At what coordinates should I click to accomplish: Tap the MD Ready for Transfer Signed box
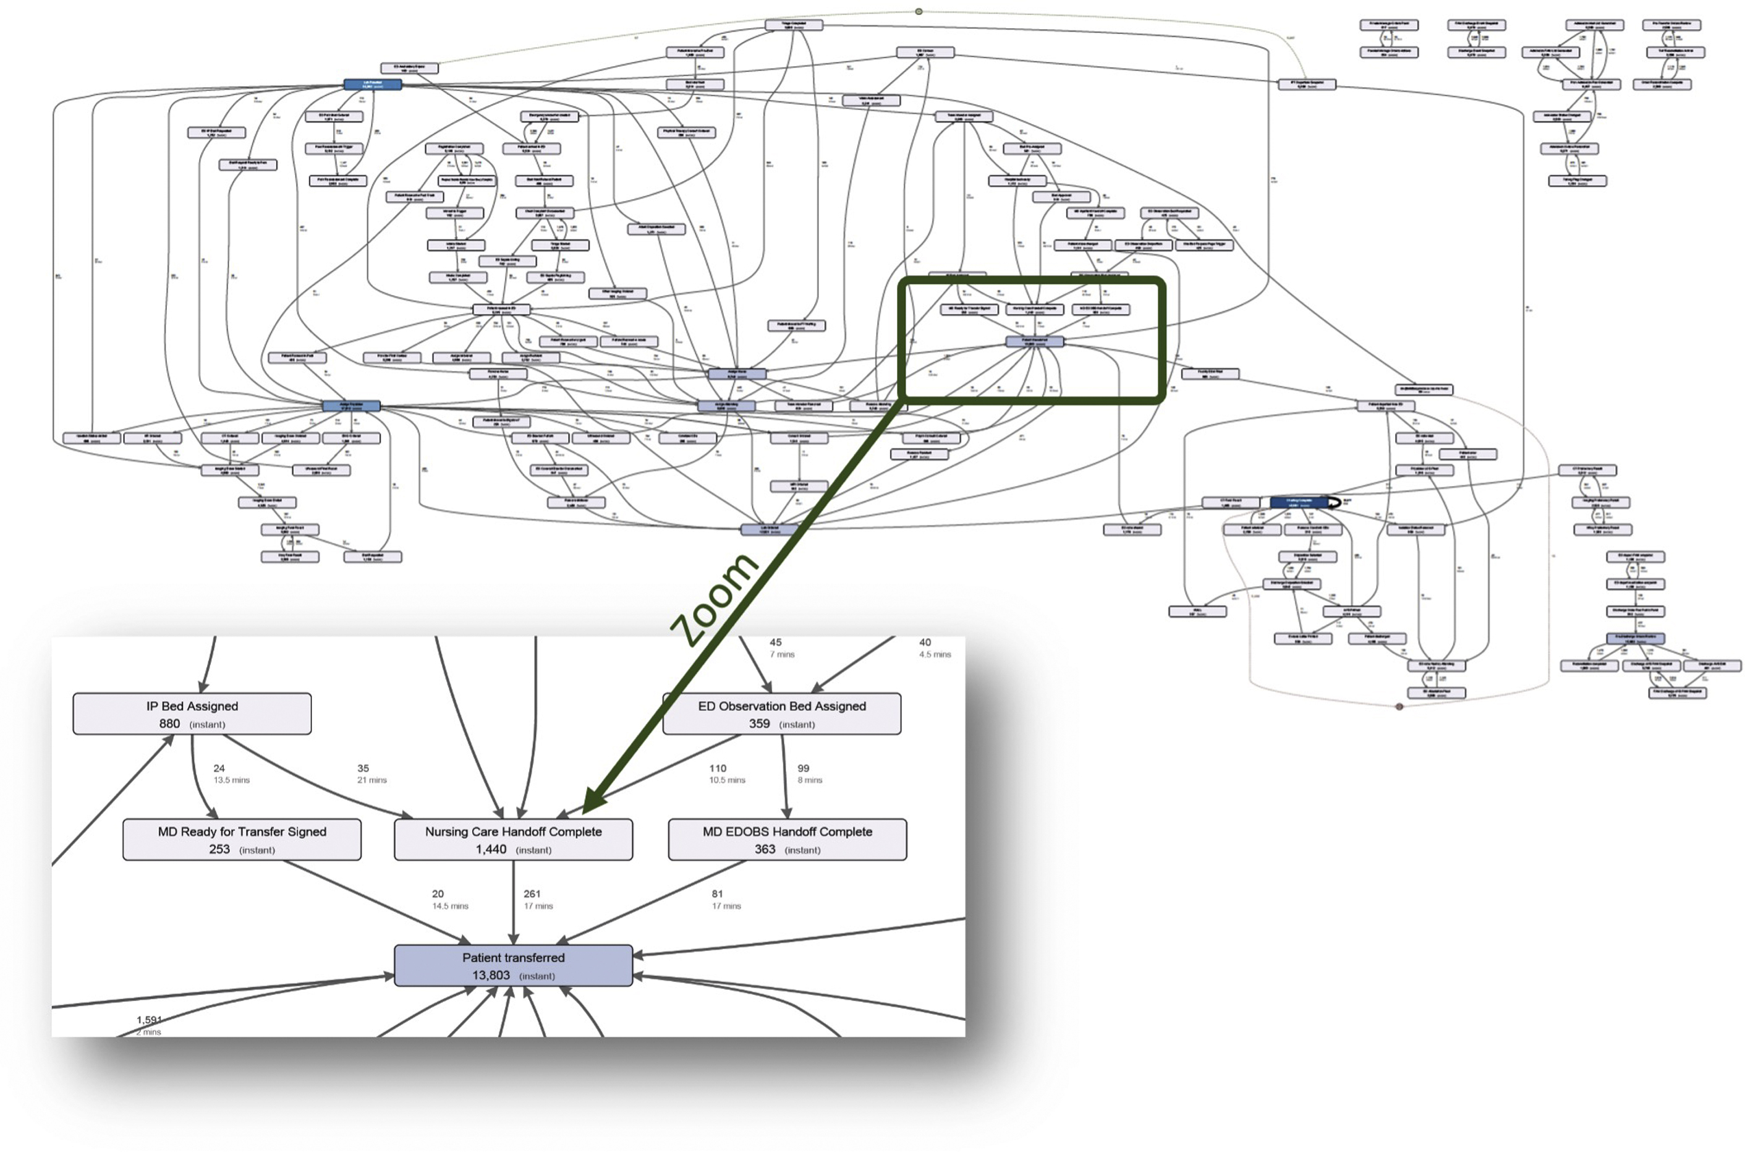pyautogui.click(x=242, y=839)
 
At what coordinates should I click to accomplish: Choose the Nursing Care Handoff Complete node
pyautogui.click(x=514, y=839)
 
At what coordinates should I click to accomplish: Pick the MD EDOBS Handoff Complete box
pyautogui.click(x=788, y=839)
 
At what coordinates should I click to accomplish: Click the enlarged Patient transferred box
pyautogui.click(x=514, y=965)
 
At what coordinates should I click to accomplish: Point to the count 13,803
pyautogui.click(x=491, y=975)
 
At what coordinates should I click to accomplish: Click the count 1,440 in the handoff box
pyautogui.click(x=491, y=849)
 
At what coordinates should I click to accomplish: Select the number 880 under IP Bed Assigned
pyautogui.click(x=169, y=723)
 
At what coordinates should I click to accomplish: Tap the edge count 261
pyautogui.click(x=532, y=894)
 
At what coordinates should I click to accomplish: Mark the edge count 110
pyautogui.click(x=718, y=769)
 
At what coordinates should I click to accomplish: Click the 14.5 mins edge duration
pyautogui.click(x=450, y=906)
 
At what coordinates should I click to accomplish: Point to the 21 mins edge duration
pyautogui.click(x=372, y=780)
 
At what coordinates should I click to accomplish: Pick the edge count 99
pyautogui.click(x=804, y=769)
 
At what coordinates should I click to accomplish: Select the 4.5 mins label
pyautogui.click(x=935, y=654)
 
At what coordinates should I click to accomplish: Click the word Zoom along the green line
pyautogui.click(x=714, y=599)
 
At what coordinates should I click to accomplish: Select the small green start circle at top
pyautogui.click(x=919, y=12)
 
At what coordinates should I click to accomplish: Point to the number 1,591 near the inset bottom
pyautogui.click(x=148, y=1020)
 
